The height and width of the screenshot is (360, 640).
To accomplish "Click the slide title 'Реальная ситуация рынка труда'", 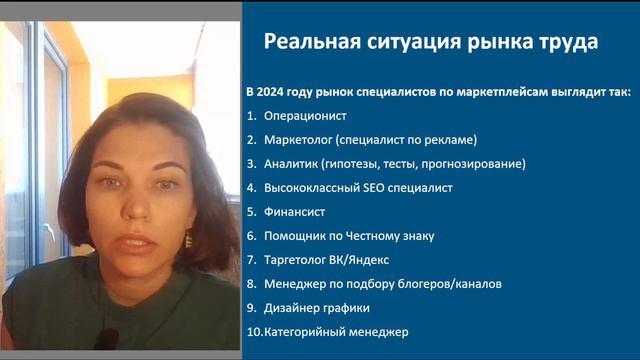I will [x=431, y=42].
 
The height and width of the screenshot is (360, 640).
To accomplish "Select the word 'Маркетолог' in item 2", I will [x=298, y=138].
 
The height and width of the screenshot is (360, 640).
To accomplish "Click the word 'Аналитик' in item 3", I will [x=291, y=162].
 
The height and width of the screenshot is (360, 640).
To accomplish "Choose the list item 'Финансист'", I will [x=294, y=212].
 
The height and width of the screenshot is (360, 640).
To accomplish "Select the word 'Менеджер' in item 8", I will [x=295, y=284].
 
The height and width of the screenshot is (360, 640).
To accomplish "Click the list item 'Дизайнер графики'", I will [x=316, y=307].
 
